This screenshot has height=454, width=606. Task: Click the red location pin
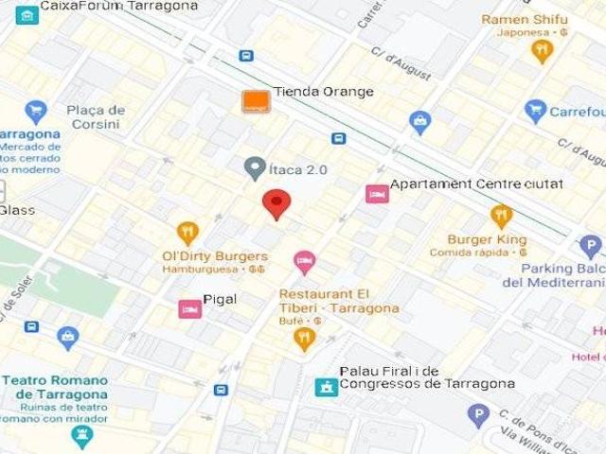click(276, 202)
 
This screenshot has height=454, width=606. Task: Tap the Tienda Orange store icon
click(255, 101)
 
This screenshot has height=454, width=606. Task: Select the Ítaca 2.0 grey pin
click(254, 168)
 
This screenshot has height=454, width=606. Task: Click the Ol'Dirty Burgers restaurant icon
click(187, 233)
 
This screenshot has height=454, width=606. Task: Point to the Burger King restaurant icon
click(502, 217)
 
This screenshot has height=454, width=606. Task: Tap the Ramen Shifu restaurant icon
click(542, 50)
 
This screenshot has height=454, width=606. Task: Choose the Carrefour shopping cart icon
click(536, 112)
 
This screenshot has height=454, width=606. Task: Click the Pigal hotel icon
click(189, 308)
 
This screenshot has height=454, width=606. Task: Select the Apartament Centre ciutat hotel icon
click(377, 194)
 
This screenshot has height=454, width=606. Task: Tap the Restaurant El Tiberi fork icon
click(304, 338)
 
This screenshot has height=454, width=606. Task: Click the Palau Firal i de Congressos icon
click(327, 387)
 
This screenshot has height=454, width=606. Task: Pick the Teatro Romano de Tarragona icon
click(82, 435)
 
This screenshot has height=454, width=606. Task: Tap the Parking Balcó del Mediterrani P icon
click(591, 248)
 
